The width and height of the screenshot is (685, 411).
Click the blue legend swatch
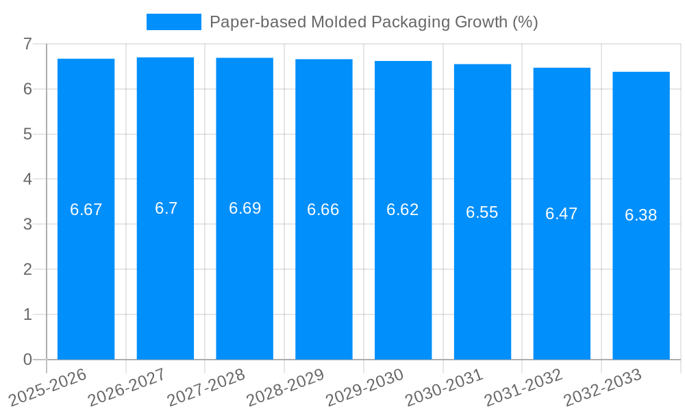(173, 22)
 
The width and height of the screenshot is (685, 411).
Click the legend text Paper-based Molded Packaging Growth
(373, 22)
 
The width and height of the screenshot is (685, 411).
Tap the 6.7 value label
(166, 208)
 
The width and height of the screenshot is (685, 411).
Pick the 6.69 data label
(245, 208)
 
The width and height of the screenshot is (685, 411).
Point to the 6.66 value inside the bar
(323, 210)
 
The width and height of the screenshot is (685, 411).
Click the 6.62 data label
(403, 210)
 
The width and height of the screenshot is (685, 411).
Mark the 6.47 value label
(561, 214)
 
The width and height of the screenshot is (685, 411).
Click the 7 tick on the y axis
(27, 44)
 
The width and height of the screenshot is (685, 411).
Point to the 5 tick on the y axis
(27, 134)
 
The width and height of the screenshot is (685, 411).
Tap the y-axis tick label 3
(27, 224)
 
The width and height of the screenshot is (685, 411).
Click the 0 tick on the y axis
(27, 360)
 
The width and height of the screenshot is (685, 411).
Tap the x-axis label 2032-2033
(603, 387)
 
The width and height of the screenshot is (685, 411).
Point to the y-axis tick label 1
(27, 314)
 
